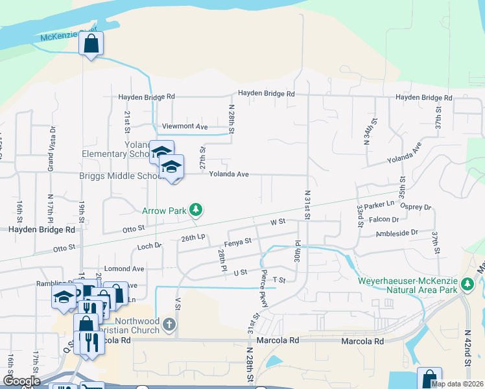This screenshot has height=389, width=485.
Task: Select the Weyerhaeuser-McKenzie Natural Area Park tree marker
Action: [467, 284]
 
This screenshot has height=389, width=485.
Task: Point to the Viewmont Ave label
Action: [185, 126]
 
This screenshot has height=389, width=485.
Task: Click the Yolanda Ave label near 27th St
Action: [229, 174]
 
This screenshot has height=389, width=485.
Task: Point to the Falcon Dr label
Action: [383, 219]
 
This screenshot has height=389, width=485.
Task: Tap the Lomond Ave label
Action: [124, 268]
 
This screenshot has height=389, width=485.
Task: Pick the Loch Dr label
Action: [149, 246]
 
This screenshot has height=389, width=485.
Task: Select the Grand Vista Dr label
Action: [50, 146]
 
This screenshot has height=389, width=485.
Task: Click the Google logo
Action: [21, 381]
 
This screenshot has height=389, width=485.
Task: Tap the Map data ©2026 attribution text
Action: [456, 384]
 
